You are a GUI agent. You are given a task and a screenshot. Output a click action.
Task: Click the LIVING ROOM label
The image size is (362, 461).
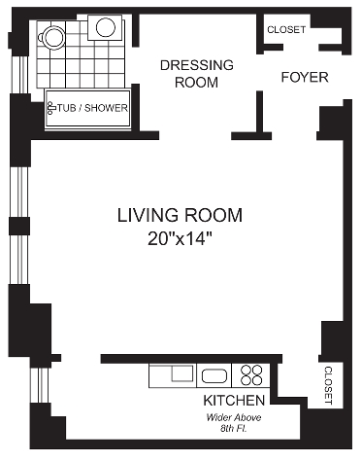[180, 216]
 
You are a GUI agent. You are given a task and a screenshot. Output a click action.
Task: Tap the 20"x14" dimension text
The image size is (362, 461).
[180, 239]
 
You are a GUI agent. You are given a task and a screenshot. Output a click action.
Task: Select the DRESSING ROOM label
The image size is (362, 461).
[197, 74]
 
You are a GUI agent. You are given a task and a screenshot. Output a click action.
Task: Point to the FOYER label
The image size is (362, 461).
[305, 77]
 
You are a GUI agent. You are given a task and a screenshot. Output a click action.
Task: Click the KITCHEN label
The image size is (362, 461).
[234, 401]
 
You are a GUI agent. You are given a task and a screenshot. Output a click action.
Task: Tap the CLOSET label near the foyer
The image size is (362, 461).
[286, 30]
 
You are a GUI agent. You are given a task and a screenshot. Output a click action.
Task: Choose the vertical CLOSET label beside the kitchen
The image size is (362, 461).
[328, 385]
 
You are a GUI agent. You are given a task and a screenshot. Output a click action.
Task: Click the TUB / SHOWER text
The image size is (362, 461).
[92, 108]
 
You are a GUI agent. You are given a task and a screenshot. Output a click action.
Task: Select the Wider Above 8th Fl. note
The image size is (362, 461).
[234, 423]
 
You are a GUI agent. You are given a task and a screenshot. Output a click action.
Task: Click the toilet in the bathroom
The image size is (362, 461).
[51, 37]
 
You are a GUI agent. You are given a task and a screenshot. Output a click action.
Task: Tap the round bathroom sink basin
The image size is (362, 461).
[106, 27]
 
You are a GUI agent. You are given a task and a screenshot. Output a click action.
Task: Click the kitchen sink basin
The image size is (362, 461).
[214, 375]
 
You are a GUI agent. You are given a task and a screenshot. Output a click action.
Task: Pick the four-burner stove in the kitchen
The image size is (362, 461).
[251, 375]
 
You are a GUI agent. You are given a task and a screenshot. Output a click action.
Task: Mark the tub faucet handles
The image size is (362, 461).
[50, 108]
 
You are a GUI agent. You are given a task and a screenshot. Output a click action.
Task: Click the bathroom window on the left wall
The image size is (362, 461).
[21, 75]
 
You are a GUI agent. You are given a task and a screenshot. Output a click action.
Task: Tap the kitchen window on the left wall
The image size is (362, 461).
[40, 385]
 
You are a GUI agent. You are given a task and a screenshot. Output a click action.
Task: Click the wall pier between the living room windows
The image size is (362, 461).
[19, 226]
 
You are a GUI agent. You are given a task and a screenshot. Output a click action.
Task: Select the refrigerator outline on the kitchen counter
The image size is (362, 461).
[173, 375]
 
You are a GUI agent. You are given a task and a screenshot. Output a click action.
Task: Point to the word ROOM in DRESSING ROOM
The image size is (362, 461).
[196, 83]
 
